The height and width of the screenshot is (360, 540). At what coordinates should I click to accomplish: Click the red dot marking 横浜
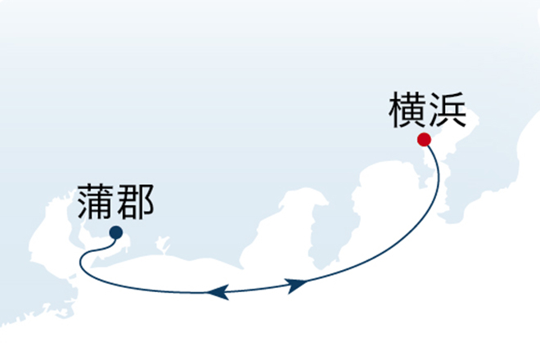click(x=424, y=140)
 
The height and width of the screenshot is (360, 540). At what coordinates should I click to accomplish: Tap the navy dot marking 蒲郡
click(x=116, y=232)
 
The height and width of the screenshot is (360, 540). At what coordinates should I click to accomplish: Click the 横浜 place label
click(x=428, y=110)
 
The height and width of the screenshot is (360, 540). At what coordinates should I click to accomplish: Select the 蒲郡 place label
click(x=115, y=202)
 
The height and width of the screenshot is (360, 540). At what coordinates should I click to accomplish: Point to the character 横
click(x=407, y=110)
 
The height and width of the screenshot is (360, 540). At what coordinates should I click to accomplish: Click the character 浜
click(x=448, y=110)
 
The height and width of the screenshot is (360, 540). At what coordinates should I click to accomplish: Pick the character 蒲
click(x=96, y=202)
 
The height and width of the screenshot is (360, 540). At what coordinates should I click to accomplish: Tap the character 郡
click(x=135, y=202)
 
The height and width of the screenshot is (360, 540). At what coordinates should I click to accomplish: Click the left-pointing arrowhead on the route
click(x=218, y=292)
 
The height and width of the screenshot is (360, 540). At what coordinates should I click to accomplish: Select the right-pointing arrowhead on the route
click(x=297, y=285)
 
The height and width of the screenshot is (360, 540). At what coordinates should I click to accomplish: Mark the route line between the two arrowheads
click(x=257, y=289)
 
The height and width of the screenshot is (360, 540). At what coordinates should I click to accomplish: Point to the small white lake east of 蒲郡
click(x=163, y=244)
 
